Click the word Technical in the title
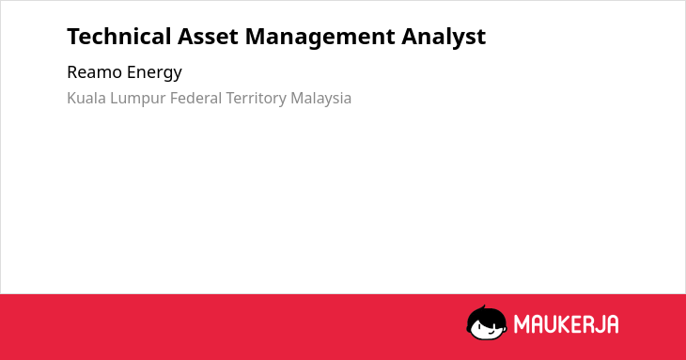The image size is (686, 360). (118, 37)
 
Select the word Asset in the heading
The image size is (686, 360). (208, 37)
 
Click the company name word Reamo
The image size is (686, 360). (94, 72)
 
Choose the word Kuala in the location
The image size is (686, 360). (86, 98)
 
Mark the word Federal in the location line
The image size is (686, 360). (195, 98)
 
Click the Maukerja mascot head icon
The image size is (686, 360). (487, 322)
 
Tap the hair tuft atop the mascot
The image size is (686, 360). (483, 307)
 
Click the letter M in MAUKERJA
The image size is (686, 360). (522, 324)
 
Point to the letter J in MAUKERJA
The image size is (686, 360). (603, 324)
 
